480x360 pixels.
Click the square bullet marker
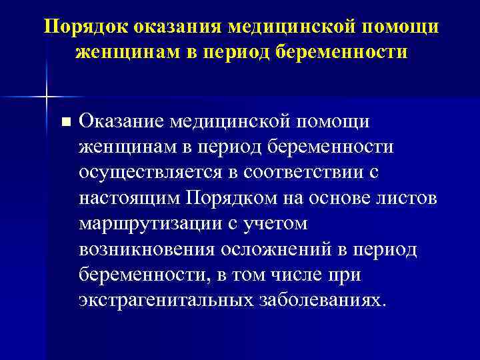(64, 122)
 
